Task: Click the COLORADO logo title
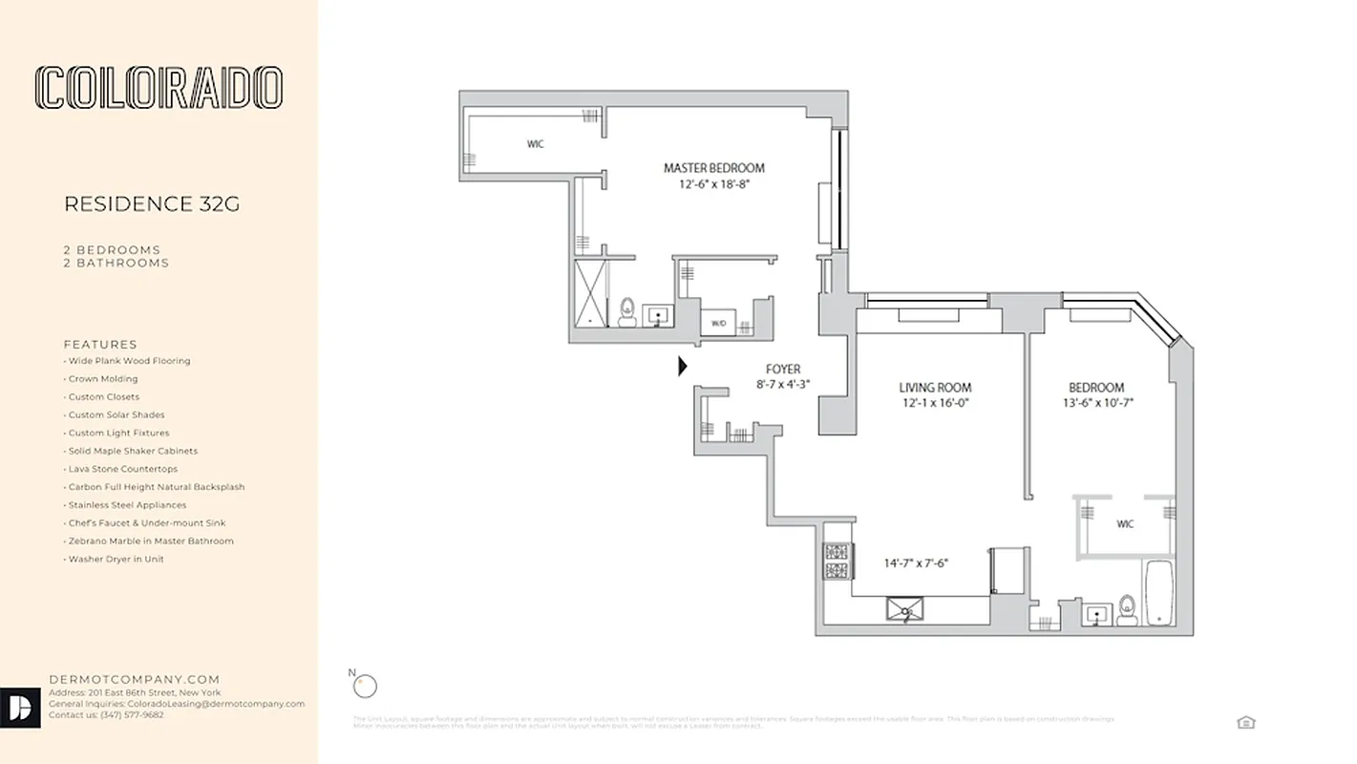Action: pos(159,88)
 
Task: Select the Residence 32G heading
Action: pos(151,203)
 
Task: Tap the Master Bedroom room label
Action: pos(713,168)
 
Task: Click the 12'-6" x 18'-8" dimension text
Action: pos(714,185)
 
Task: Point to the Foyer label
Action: pos(783,370)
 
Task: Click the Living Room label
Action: pos(935,388)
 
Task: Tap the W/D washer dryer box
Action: pos(718,324)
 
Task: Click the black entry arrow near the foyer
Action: pos(682,366)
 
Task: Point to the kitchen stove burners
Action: pos(837,562)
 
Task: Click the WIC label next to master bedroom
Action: pos(536,145)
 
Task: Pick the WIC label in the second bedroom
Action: pos(1125,524)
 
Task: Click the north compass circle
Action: pos(365,686)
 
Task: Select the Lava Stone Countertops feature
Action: pos(122,469)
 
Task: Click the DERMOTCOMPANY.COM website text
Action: pos(135,680)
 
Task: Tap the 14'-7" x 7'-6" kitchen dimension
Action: pos(915,563)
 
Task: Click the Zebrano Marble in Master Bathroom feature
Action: pos(150,541)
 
